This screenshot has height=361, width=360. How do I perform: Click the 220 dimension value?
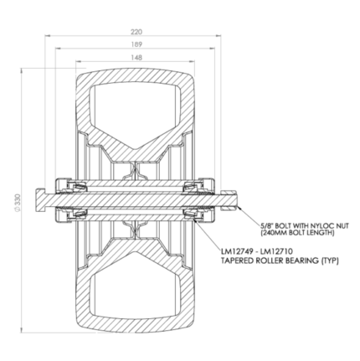(136, 32)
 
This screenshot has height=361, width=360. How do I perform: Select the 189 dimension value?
(136, 44)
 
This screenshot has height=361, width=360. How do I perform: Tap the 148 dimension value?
(136, 58)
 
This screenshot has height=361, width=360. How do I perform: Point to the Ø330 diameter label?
(18, 200)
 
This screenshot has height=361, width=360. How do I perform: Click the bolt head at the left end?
(39, 200)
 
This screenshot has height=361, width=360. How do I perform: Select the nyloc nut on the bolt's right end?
(229, 200)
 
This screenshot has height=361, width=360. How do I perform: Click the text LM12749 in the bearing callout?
(237, 252)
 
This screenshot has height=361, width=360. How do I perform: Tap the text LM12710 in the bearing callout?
(277, 252)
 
